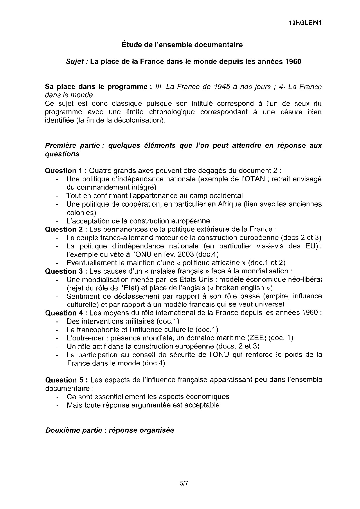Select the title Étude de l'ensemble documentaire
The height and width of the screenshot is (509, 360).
click(x=182, y=45)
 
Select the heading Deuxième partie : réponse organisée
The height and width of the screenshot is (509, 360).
click(x=110, y=430)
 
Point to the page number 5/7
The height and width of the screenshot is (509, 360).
click(x=184, y=483)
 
